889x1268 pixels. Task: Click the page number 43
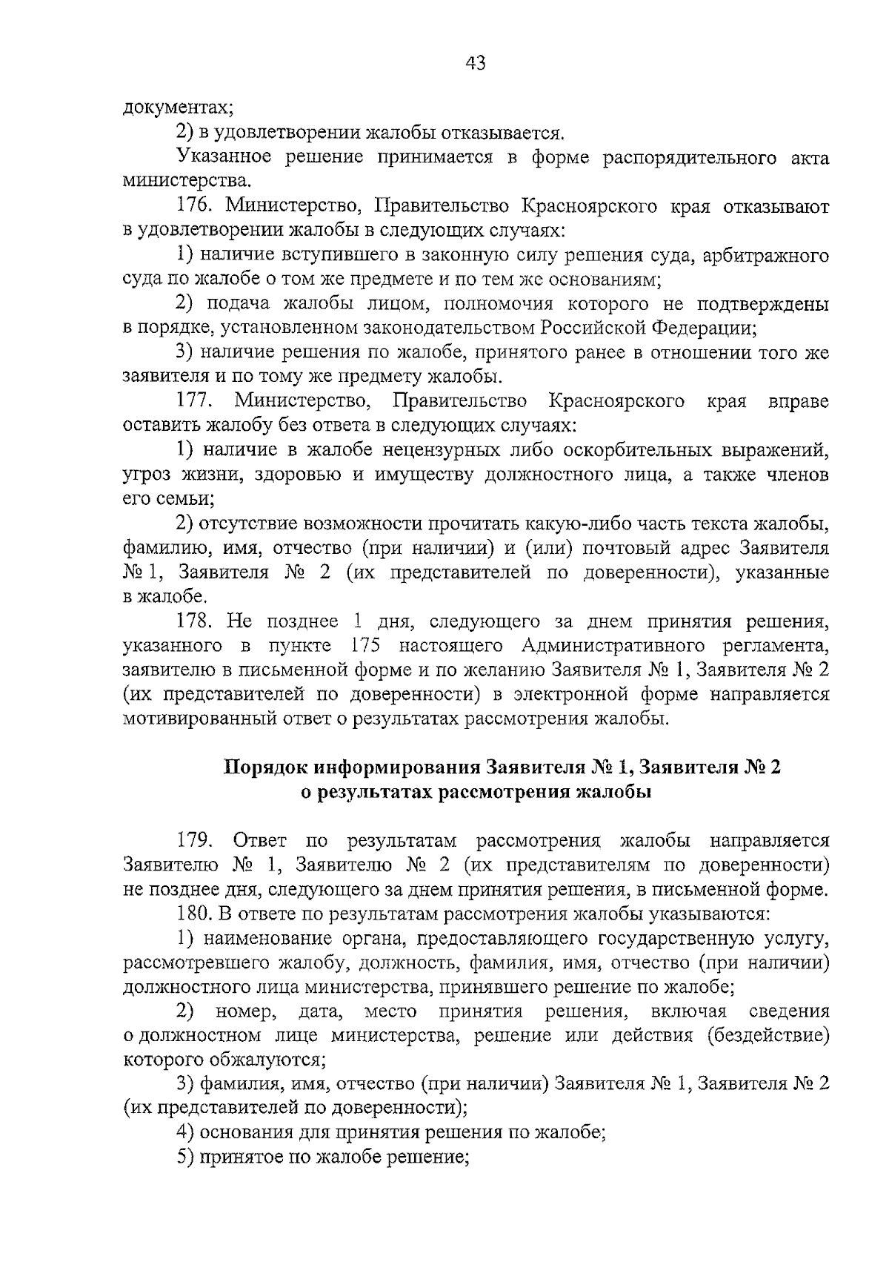coord(476,64)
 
